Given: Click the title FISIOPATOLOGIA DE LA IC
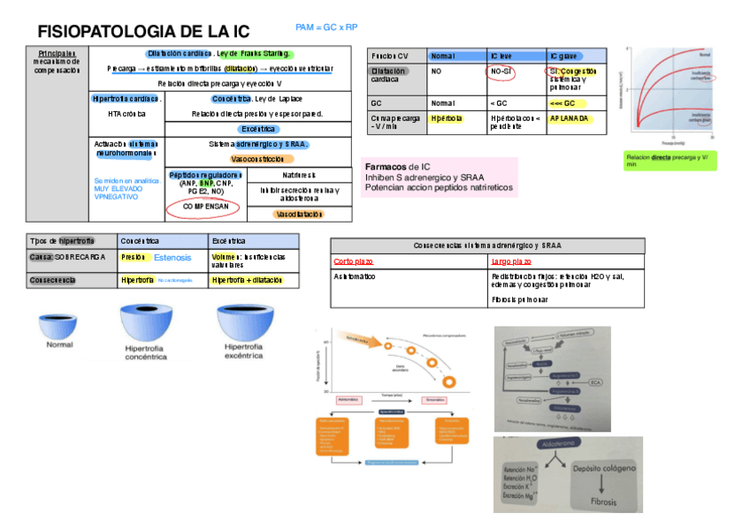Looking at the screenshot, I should tap(143, 32).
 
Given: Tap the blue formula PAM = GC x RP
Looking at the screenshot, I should tap(326, 28).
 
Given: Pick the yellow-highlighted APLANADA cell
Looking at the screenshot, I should tap(571, 117).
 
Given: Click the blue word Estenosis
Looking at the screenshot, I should tap(172, 258).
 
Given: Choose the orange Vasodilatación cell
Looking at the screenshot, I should tap(299, 215).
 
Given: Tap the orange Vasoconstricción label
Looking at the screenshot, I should tap(257, 159).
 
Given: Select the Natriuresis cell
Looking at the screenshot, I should tap(299, 175).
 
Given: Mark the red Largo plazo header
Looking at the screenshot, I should tap(511, 262).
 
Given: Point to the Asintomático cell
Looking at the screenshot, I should tap(357, 276).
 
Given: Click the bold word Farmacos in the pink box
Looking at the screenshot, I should tap(385, 166).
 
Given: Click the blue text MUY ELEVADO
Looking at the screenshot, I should tap(119, 189).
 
